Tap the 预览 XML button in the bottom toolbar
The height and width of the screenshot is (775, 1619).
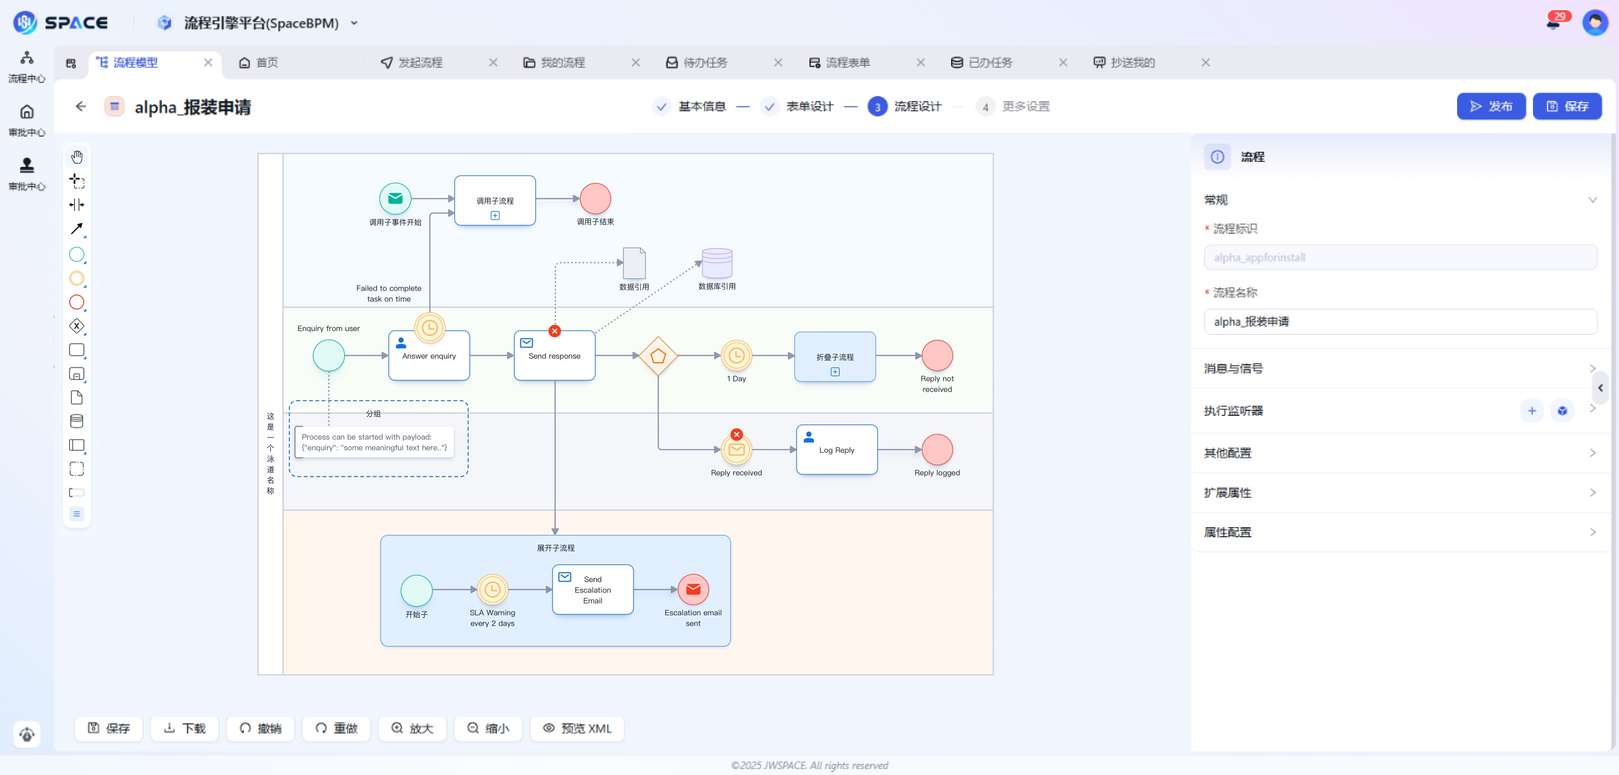pos(576,728)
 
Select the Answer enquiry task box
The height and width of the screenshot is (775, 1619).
pos(429,356)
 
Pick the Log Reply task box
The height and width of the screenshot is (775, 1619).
pos(836,450)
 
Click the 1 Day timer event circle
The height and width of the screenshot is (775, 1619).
pos(736,356)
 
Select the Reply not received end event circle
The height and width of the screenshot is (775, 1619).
pos(936,356)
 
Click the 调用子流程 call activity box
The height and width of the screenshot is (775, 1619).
pos(495,200)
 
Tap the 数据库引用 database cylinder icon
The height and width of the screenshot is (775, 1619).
pos(716,263)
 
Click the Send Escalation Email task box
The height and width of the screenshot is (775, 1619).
pos(592,589)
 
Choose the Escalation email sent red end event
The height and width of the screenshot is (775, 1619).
pos(693,589)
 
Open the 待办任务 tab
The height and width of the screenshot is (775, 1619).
pos(705,62)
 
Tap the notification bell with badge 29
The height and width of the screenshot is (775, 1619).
pos(1553,23)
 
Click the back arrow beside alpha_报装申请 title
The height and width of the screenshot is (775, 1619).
pos(80,106)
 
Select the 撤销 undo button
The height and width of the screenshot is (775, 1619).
pos(260,728)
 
